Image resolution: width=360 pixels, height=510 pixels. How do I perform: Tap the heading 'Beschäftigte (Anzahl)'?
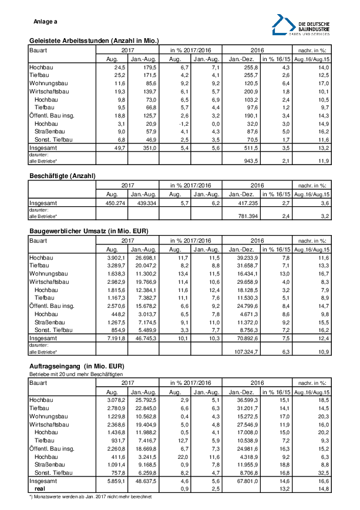62,176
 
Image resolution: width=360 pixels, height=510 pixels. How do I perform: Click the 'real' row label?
41,488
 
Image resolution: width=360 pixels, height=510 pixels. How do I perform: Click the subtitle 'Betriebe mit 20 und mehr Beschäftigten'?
76,373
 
